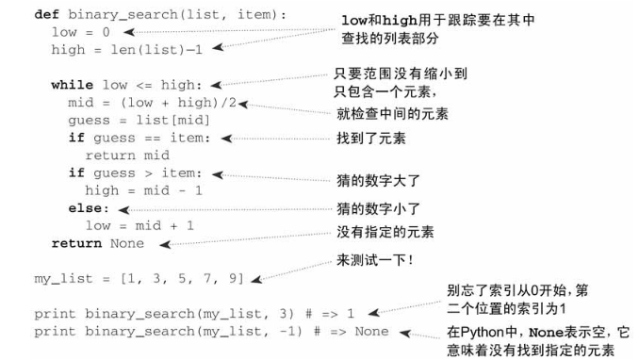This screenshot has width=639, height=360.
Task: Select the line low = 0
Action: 80,32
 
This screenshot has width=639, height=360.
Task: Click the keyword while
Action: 72,85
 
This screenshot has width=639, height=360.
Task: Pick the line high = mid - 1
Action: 139,190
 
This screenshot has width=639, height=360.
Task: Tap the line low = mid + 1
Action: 139,225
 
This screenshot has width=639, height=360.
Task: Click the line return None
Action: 98,243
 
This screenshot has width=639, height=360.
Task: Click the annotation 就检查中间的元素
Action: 391,113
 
